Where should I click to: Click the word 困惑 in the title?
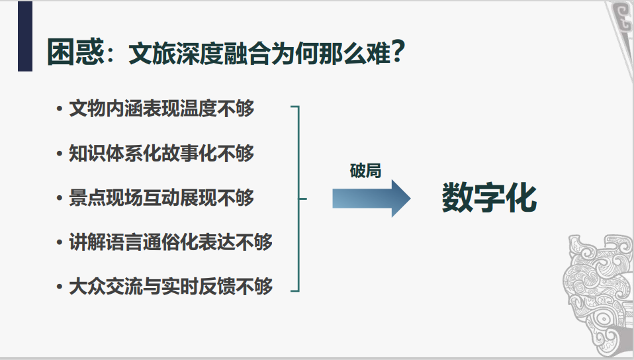75,52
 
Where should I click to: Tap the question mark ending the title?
397,51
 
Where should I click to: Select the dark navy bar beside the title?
24,36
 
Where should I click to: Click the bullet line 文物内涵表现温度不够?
161,109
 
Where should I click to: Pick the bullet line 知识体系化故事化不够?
161,153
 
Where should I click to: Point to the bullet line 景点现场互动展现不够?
161,197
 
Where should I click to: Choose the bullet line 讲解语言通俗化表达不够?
171,242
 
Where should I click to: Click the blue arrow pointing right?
371,198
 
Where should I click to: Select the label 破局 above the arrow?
365,170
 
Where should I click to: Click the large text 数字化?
489,197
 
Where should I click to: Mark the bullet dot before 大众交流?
60,287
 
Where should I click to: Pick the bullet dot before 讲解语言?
60,242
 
